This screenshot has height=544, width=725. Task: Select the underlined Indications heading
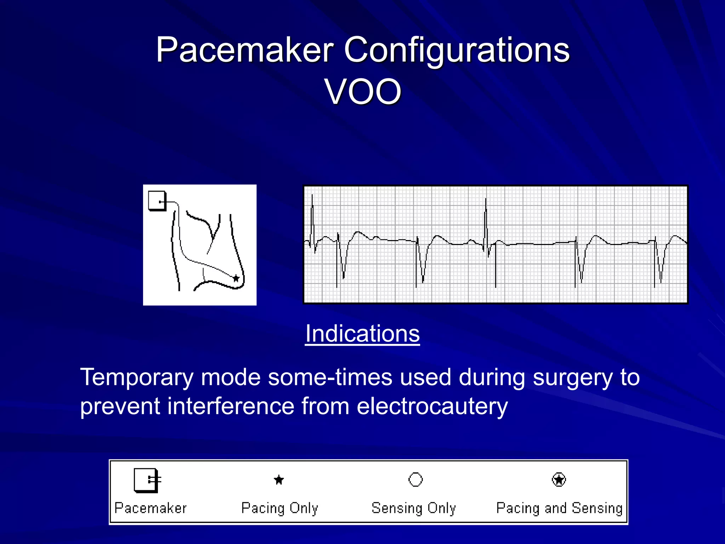point(362,334)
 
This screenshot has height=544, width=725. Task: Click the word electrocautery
point(432,406)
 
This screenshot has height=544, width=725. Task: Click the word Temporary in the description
point(137,378)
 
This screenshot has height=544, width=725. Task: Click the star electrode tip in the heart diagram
point(236,278)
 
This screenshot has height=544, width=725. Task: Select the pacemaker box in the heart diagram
point(157,201)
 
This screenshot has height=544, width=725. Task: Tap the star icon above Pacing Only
point(279,480)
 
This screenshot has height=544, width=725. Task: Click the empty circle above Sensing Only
point(416,480)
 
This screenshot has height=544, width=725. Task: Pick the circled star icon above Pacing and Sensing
point(559,480)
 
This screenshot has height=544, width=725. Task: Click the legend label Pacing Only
point(280,508)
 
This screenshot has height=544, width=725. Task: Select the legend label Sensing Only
point(413,508)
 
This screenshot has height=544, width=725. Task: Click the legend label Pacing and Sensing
point(559,508)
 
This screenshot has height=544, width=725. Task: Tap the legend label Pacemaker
point(150,508)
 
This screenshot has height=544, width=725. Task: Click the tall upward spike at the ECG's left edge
point(312,212)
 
